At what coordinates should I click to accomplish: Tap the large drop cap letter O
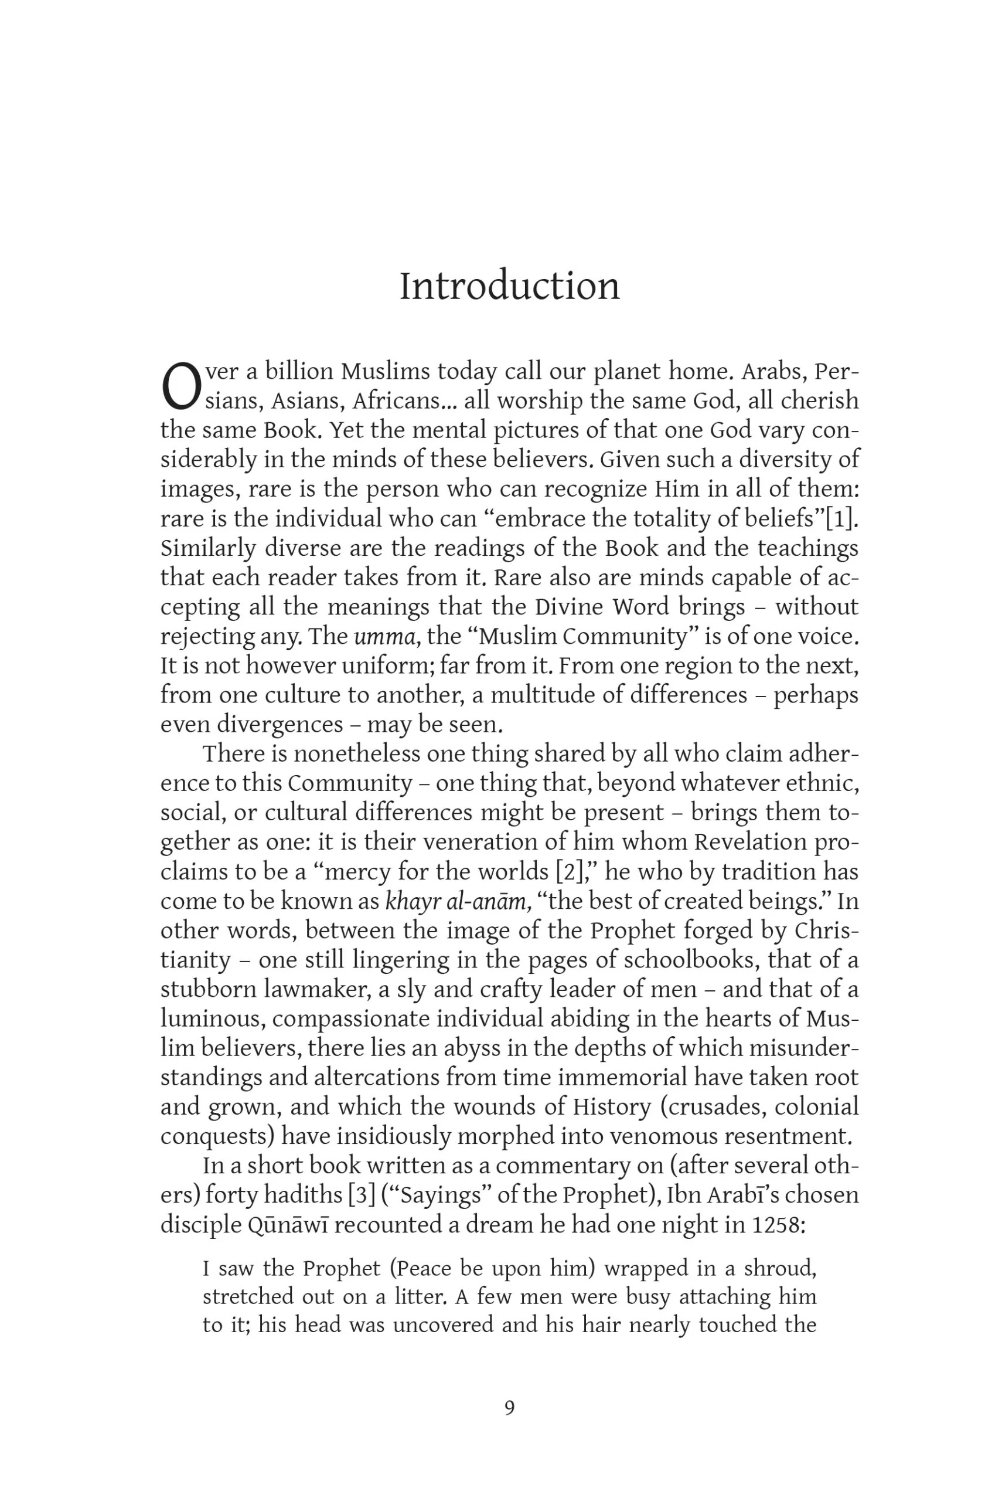click(x=182, y=386)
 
